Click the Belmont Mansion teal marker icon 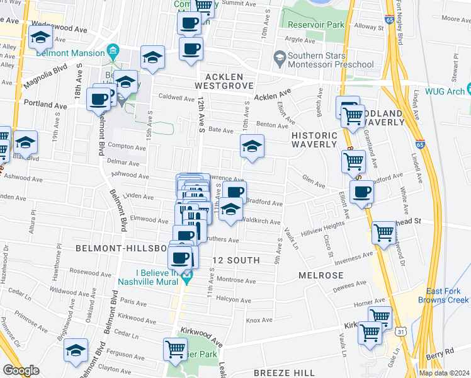point(112,50)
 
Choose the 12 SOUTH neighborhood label point(236,260)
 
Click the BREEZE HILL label point(281,373)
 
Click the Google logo point(21,370)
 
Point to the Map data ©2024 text point(444,373)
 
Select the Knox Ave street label point(259,320)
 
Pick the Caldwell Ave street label point(176,98)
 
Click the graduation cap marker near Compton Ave point(251,147)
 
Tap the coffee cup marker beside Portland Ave point(99,99)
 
